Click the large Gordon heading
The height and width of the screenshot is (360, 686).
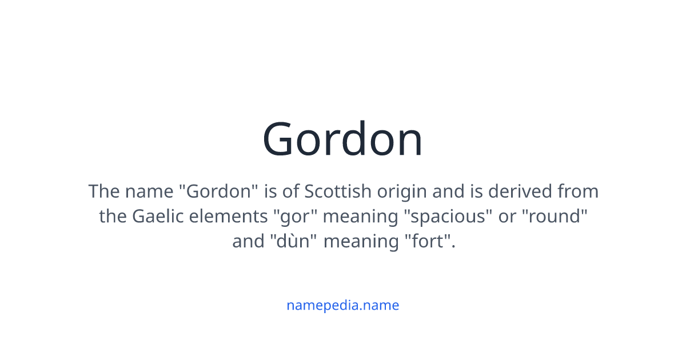pyautogui.click(x=342, y=139)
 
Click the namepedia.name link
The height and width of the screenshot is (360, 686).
pyautogui.click(x=342, y=305)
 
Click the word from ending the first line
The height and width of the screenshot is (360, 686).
pyautogui.click(x=578, y=191)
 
